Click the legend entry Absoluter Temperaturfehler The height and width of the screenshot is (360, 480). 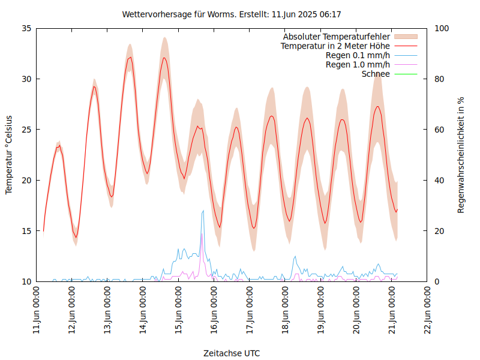(336, 37)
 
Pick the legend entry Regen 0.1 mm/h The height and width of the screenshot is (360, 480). (358, 55)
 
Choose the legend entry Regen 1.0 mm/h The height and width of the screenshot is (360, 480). (358, 65)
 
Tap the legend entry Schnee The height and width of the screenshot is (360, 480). (376, 74)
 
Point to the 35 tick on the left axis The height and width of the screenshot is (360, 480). (26, 28)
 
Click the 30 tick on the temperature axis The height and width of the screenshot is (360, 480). (26, 79)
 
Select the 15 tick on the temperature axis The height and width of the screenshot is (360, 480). (26, 231)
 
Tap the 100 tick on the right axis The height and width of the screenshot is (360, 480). (441, 28)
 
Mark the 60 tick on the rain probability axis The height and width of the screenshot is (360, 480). (439, 130)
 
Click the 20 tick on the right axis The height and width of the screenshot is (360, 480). (439, 231)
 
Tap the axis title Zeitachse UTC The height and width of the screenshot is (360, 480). (232, 353)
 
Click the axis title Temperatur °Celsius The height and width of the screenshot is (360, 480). (9, 155)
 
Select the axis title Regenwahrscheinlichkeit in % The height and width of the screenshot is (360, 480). (461, 155)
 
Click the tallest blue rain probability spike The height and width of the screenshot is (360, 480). (203, 211)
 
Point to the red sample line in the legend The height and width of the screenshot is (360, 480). (405, 46)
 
